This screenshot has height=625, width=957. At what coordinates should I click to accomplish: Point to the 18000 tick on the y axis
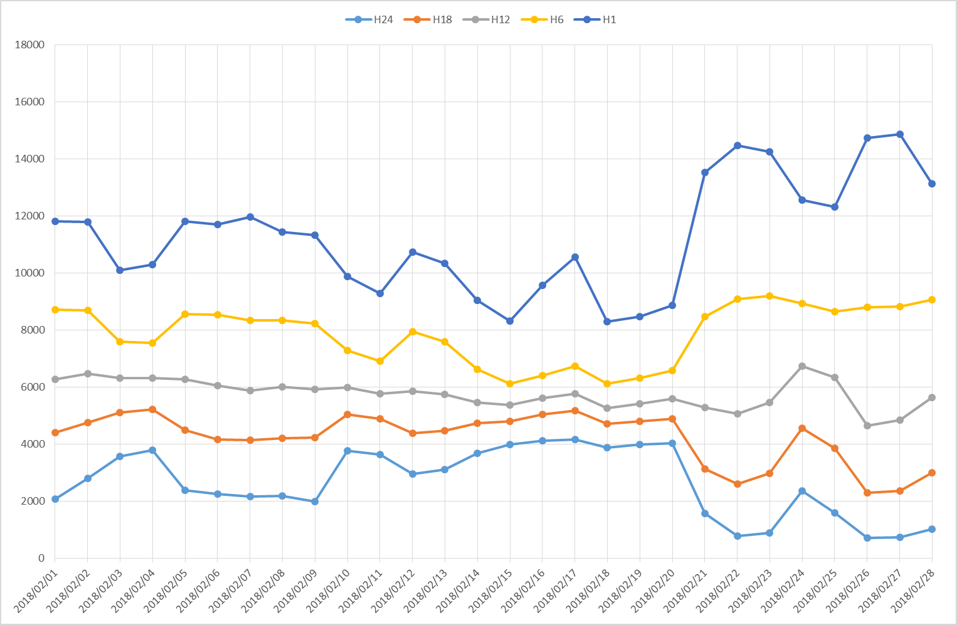click(x=29, y=45)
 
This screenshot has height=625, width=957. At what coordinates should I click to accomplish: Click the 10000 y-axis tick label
click(x=29, y=273)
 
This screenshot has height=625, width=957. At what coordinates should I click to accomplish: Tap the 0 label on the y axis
click(x=41, y=558)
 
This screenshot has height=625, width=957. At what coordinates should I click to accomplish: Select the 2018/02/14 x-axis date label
click(x=458, y=589)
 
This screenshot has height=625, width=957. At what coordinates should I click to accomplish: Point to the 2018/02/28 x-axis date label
click(x=913, y=589)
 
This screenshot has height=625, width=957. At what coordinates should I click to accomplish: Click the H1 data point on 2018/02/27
click(x=900, y=134)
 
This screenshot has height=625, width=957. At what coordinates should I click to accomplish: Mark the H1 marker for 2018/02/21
click(x=705, y=172)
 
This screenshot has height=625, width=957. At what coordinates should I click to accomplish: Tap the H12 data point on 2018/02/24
click(x=802, y=366)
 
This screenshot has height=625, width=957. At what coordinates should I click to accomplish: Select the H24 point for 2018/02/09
click(x=315, y=502)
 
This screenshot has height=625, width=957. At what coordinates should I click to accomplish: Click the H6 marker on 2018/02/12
click(x=413, y=332)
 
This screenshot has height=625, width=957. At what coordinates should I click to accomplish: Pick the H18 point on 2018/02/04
click(x=152, y=409)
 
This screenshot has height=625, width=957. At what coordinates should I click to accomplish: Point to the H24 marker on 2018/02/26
click(x=867, y=538)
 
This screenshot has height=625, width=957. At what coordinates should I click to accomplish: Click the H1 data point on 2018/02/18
click(x=607, y=322)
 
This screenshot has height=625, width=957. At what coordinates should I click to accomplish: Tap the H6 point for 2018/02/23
click(x=769, y=296)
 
